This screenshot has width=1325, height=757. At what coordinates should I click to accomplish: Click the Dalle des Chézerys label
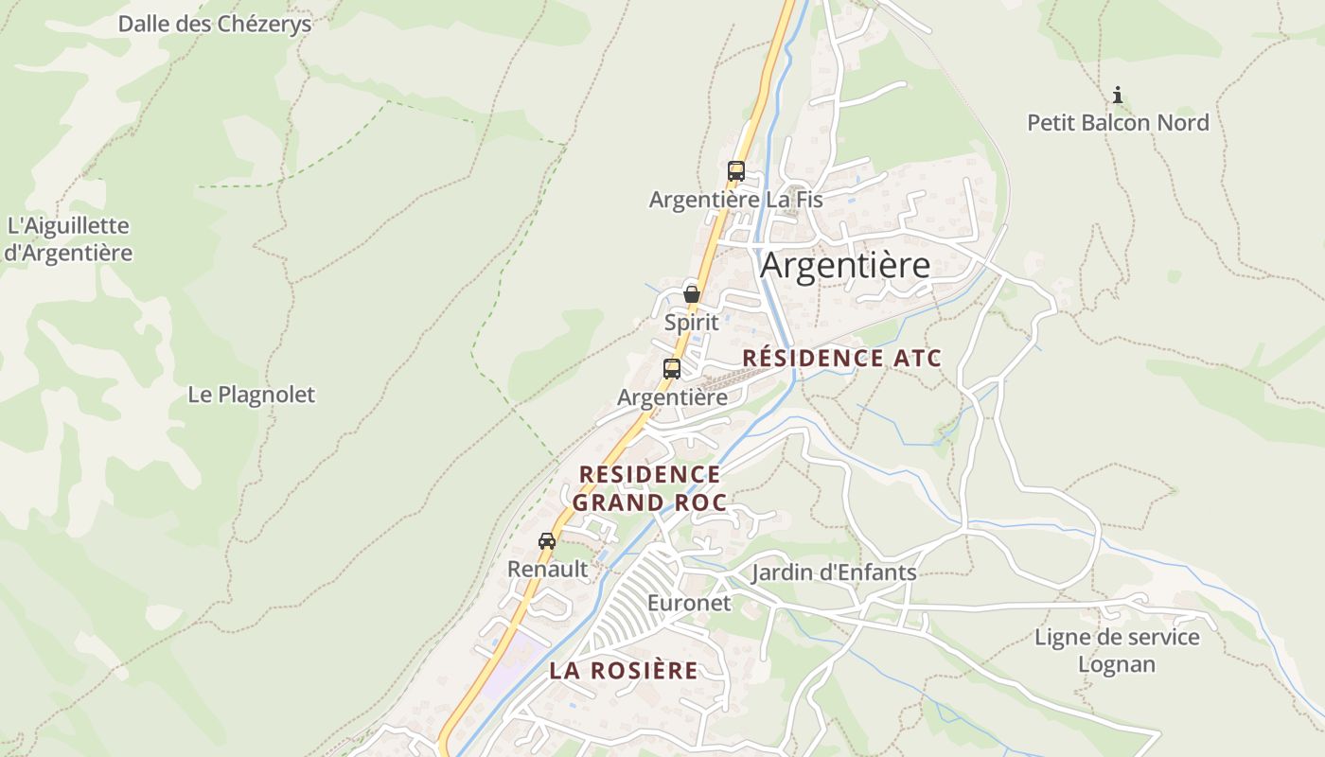click(x=214, y=24)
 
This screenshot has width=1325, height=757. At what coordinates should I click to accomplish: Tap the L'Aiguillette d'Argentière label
click(x=68, y=239)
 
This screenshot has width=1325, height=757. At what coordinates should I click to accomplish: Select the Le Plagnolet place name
click(x=251, y=395)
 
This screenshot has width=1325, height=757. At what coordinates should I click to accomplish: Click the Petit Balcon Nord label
click(x=1118, y=123)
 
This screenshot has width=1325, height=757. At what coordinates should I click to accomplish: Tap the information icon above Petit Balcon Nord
click(x=1118, y=95)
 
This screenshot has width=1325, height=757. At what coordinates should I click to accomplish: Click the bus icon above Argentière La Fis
click(x=735, y=171)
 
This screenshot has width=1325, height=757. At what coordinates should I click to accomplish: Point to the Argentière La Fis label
click(x=735, y=200)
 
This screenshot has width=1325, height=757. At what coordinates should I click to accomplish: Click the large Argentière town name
click(x=845, y=266)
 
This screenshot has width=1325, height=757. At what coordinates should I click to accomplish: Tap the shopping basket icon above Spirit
click(x=692, y=293)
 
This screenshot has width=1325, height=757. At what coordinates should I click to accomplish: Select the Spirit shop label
click(x=691, y=322)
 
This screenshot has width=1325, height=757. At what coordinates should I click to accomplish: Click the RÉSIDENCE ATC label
click(x=842, y=359)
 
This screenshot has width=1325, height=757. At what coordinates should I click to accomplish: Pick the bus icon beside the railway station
click(x=672, y=369)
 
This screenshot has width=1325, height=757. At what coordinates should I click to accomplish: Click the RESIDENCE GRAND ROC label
click(x=649, y=488)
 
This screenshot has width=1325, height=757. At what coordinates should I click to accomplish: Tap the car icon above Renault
click(x=547, y=541)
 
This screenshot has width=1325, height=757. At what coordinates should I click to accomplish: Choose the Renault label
click(x=547, y=569)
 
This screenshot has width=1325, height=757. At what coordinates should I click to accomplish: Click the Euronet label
click(x=689, y=603)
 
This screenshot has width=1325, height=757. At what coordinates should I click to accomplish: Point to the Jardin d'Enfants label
click(x=834, y=572)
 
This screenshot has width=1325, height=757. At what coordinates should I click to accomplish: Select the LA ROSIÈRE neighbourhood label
click(x=624, y=671)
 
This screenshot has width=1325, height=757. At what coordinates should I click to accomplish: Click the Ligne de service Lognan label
click(x=1117, y=650)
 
